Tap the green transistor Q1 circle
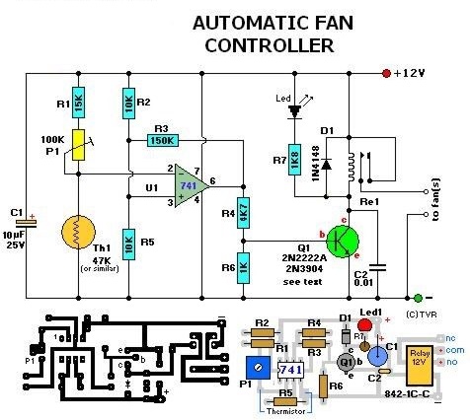pos(343,240)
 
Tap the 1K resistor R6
pos(243,267)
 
